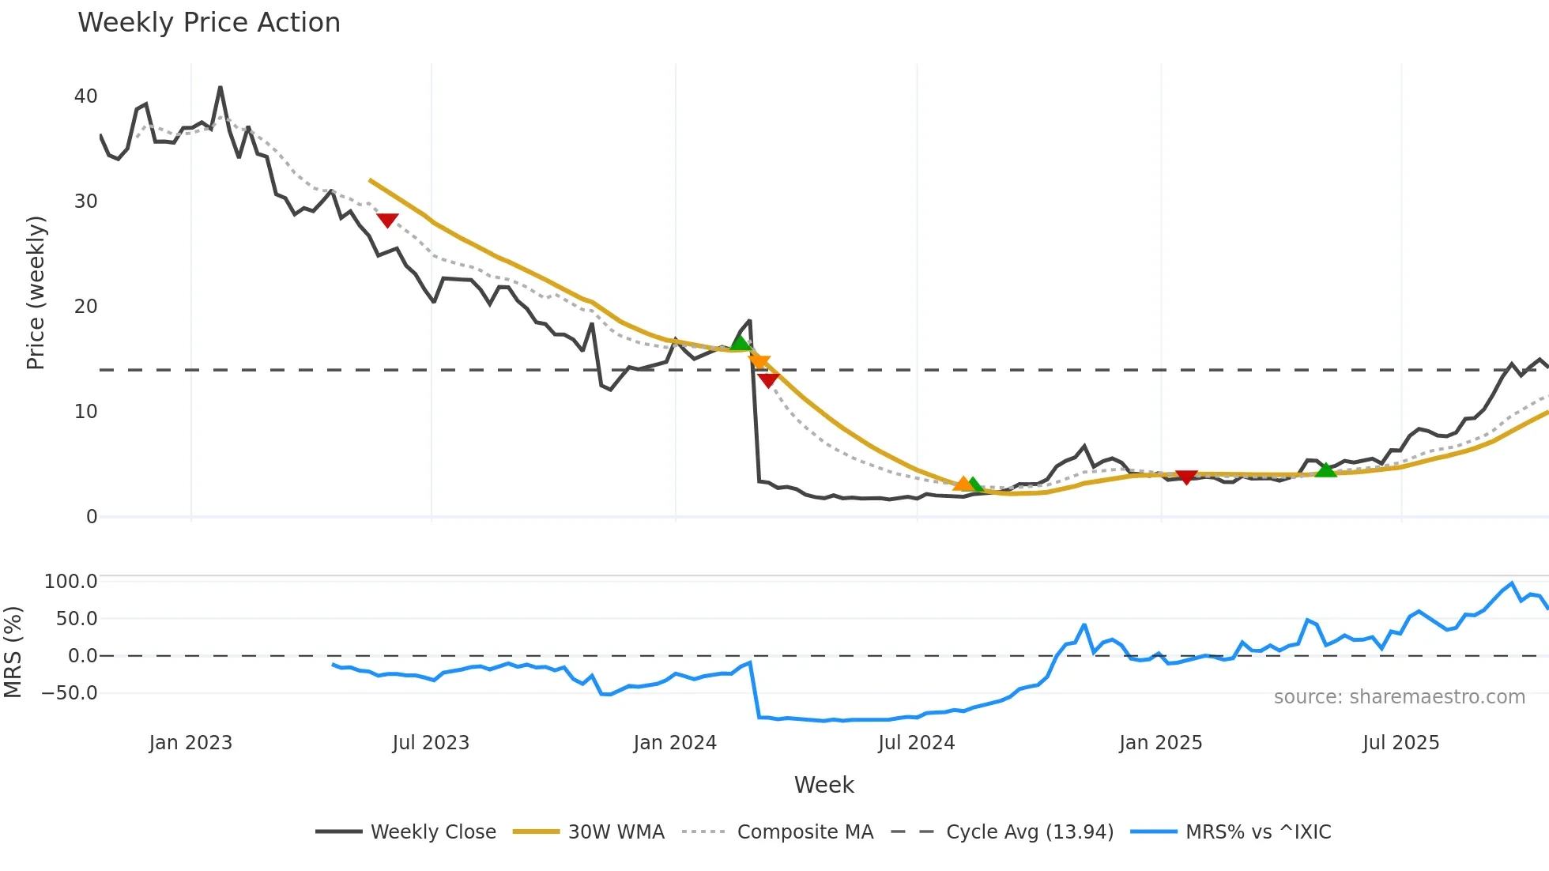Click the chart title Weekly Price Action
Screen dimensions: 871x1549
209,23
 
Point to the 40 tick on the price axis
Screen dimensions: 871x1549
85,96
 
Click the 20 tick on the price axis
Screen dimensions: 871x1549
85,307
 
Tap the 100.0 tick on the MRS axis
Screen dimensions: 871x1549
71,582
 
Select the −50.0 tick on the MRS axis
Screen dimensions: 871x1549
70,693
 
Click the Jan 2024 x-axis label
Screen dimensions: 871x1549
675,743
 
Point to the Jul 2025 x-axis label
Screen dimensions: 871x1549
1400,743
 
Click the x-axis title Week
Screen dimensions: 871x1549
823,785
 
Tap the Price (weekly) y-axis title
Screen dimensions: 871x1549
36,292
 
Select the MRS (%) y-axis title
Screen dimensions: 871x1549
13,652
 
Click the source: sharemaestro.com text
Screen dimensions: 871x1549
1399,697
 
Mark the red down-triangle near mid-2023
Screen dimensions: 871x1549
387,220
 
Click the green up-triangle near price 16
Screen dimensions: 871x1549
741,342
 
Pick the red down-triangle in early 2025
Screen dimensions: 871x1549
1186,477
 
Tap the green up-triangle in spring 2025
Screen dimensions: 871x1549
1325,469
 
